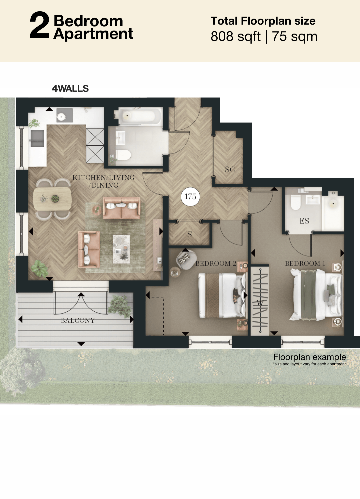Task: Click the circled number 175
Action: [x=190, y=197]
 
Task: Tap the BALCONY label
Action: [x=78, y=321]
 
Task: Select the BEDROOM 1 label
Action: [x=305, y=263]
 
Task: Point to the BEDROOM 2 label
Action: [x=216, y=263]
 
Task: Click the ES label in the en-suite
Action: [x=304, y=221]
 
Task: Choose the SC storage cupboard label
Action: [x=230, y=170]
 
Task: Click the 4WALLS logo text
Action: [x=70, y=89]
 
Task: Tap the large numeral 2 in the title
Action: [x=40, y=26]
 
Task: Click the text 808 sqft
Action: [x=235, y=36]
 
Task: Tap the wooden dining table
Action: [x=52, y=199]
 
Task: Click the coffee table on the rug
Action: [x=121, y=249]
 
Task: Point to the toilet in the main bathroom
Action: [x=123, y=155]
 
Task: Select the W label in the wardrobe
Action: [x=260, y=303]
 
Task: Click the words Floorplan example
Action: [x=310, y=357]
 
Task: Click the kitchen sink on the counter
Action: [x=37, y=138]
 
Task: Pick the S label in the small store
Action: [x=189, y=234]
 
